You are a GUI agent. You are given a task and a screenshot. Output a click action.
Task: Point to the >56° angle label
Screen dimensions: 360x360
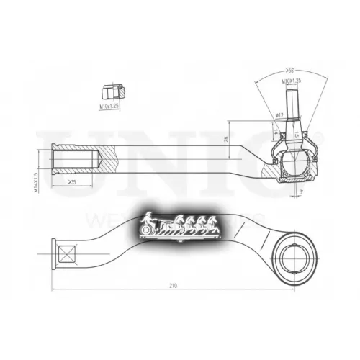289,71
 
